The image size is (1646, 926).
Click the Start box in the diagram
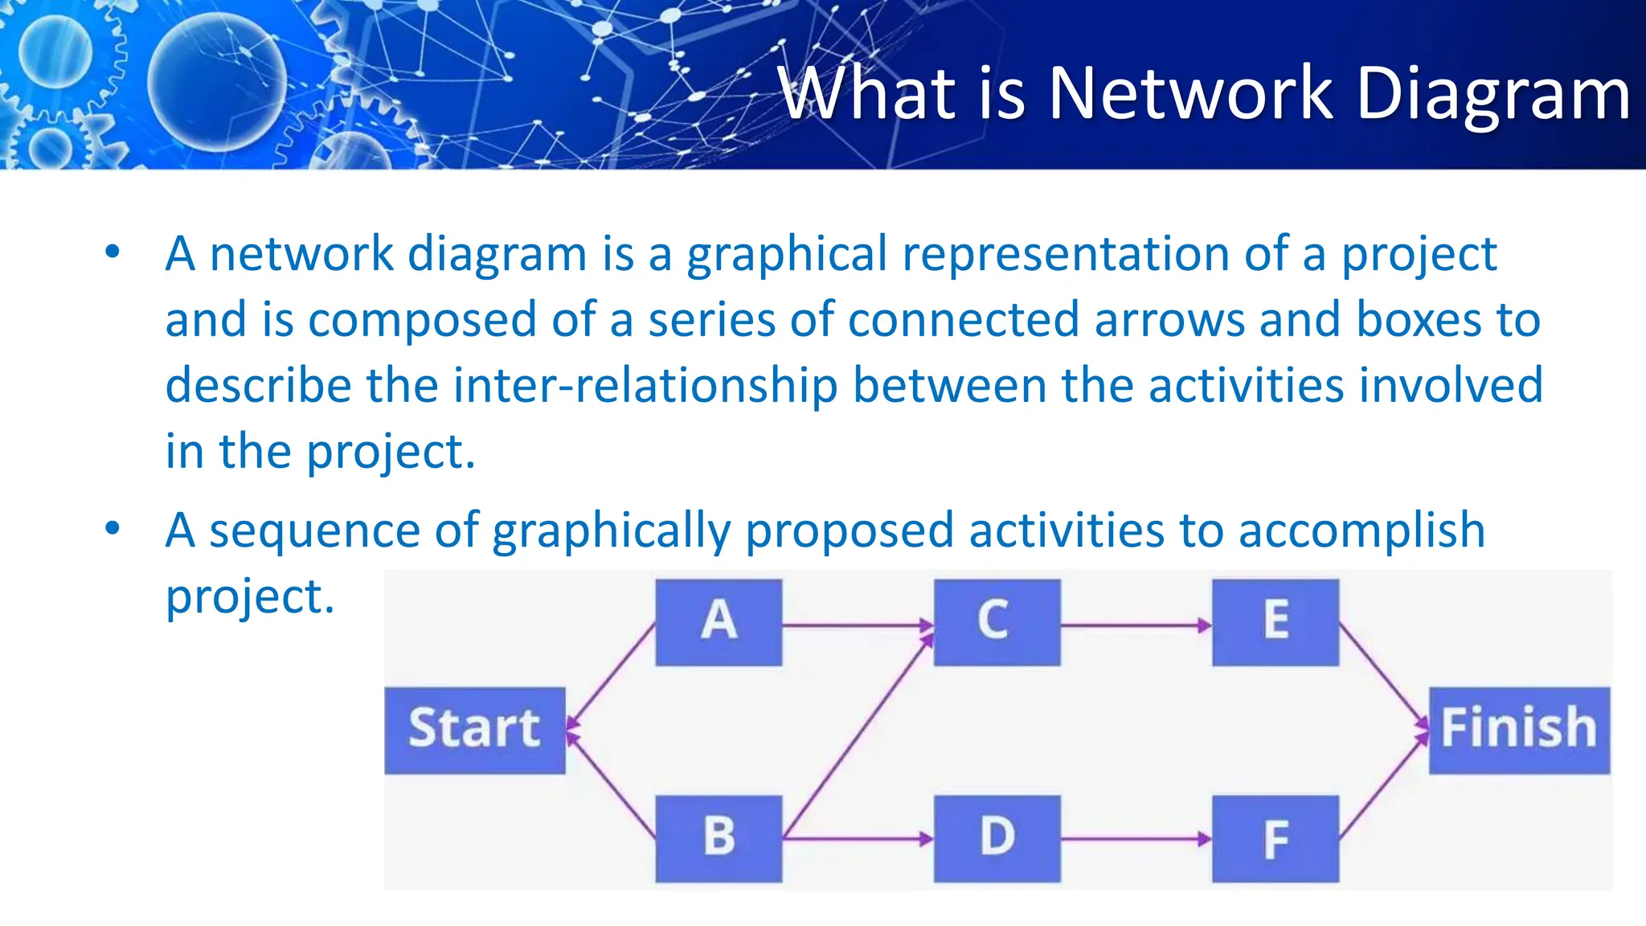tap(474, 730)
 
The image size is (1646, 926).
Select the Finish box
tap(1518, 730)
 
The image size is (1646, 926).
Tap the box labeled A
tap(719, 622)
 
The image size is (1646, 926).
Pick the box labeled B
tap(719, 838)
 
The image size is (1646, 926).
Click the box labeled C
tap(997, 622)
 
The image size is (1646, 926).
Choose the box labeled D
tap(997, 838)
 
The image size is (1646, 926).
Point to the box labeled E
tap(1275, 622)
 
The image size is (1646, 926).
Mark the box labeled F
tap(1275, 838)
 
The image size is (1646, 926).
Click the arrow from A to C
tap(857, 625)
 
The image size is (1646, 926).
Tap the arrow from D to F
tap(1136, 839)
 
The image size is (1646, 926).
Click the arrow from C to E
tap(1136, 625)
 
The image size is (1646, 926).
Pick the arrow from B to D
tap(857, 839)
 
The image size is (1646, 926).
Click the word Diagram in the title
tap(1492, 95)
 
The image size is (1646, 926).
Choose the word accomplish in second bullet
tap(1361, 531)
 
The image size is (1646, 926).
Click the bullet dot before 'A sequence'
tap(113, 529)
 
